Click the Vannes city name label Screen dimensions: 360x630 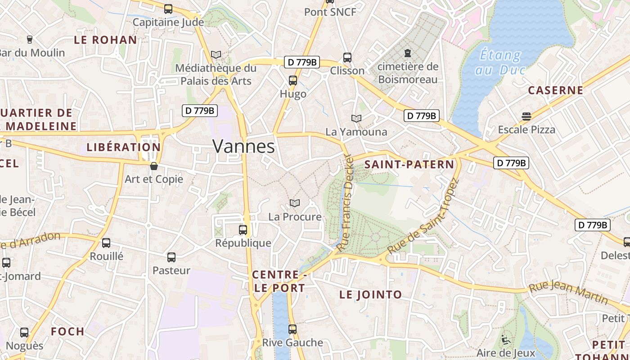coord(243,147)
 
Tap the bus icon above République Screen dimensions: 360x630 coord(243,230)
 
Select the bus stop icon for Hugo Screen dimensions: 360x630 coord(293,81)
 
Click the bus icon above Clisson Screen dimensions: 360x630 coord(347,58)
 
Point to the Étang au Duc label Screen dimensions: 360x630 coord(499,63)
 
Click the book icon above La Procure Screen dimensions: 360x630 coord(295,203)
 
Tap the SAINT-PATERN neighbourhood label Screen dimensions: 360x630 coord(409,165)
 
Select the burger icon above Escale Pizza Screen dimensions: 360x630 coord(526,117)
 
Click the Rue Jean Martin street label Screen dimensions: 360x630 coord(568,292)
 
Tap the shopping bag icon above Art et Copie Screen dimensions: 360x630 coord(154,166)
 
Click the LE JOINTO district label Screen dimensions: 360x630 coord(370,295)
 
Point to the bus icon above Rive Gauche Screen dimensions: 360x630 coord(292,329)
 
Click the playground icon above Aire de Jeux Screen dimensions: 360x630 coord(506,340)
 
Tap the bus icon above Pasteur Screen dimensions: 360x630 coord(171,257)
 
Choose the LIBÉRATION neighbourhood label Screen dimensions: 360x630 coord(123,147)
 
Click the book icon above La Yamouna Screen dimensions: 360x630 coord(356,118)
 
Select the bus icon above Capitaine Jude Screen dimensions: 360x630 coord(168,9)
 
